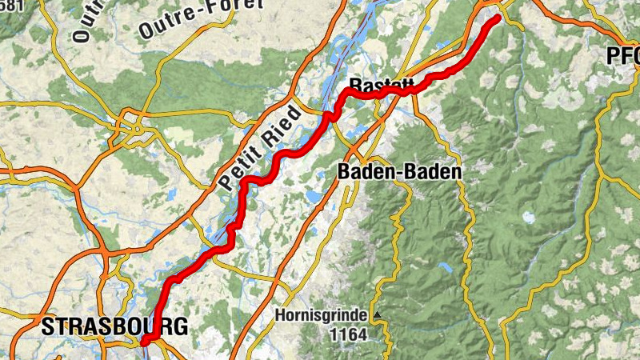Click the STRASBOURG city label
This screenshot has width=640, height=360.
114,326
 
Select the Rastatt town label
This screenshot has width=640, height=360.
382,84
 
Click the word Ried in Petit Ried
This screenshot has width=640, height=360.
280,123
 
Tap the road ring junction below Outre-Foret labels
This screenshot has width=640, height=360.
131,124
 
